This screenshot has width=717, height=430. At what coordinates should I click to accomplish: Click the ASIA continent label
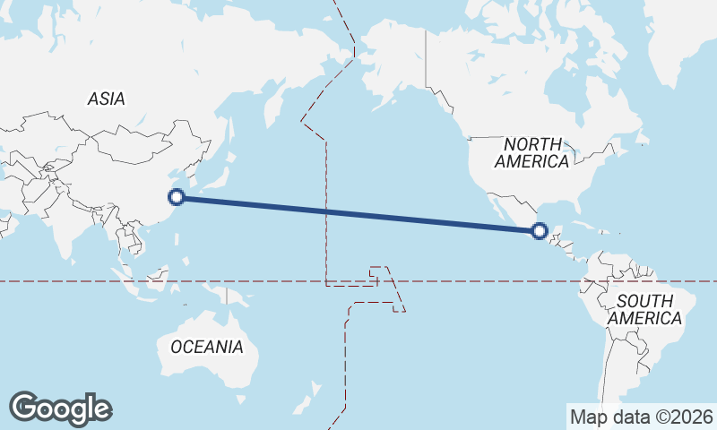click(106, 99)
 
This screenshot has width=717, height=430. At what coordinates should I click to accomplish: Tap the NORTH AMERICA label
click(532, 153)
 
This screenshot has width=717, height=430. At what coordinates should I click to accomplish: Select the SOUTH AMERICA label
click(644, 309)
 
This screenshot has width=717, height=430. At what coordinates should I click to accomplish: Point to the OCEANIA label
click(206, 347)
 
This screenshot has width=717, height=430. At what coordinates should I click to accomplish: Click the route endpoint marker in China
click(177, 197)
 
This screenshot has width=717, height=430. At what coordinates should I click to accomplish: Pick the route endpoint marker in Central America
click(539, 231)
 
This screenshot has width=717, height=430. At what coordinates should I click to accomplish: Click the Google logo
click(60, 408)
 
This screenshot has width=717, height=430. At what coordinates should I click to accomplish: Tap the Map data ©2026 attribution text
click(642, 417)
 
